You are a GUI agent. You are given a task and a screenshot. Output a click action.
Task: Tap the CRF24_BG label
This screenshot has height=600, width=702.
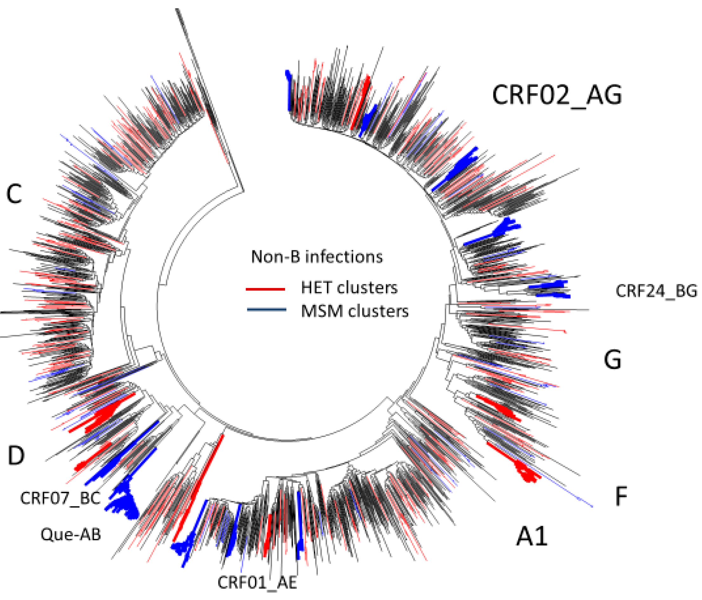(656, 291)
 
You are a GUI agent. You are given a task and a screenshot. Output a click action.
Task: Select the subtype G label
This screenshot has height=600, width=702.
(612, 360)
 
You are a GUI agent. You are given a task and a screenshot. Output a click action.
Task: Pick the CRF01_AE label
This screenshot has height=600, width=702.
(257, 583)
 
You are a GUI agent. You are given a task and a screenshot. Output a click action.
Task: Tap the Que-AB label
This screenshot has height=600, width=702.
(71, 535)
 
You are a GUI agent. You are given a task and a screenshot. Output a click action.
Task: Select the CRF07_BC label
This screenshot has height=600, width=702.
(60, 498)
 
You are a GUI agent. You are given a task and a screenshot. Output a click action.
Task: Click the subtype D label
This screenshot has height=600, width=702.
(16, 455)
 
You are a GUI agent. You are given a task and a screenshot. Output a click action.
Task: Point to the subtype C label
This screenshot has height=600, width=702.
(14, 194)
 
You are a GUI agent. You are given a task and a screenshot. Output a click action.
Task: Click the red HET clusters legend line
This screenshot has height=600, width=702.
(265, 289)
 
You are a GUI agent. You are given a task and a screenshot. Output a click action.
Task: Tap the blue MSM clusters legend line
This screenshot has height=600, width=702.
(266, 310)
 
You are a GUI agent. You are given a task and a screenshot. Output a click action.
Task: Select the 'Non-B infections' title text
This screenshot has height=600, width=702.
(317, 257)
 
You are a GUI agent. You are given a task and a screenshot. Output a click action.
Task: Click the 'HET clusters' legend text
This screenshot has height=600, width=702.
(349, 288)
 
